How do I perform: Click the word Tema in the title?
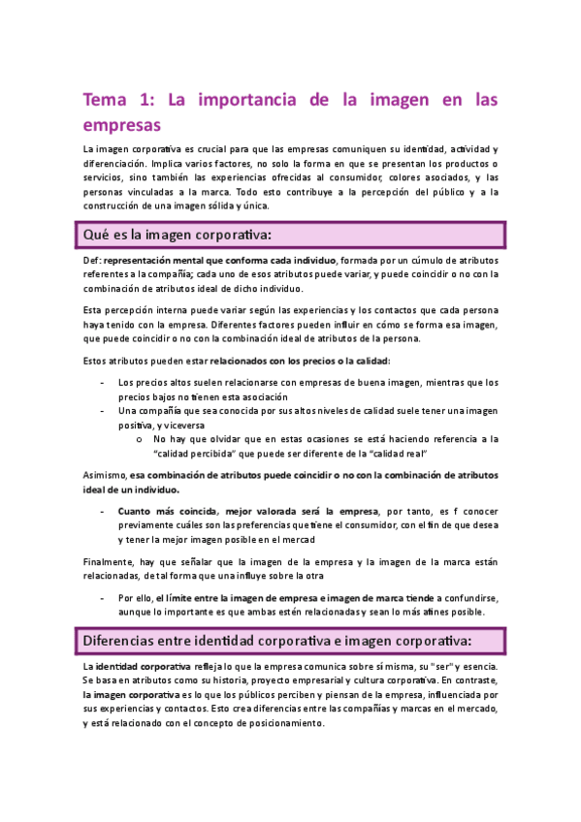point(104,100)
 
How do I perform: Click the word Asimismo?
point(107,476)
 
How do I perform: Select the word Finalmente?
point(112,563)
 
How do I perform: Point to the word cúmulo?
point(438,261)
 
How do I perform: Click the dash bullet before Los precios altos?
point(103,382)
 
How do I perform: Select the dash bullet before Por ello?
point(103,598)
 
